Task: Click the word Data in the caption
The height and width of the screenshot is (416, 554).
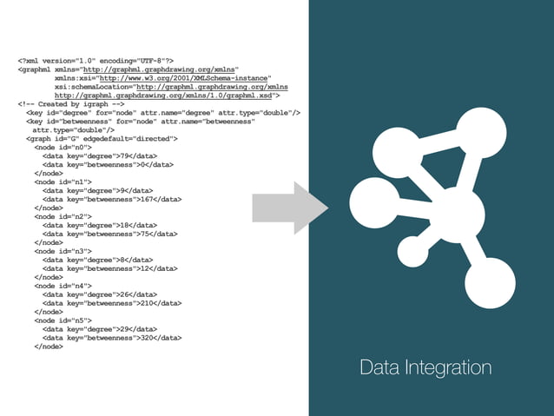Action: coord(381,367)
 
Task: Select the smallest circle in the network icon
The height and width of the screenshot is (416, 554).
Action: coord(412,253)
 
